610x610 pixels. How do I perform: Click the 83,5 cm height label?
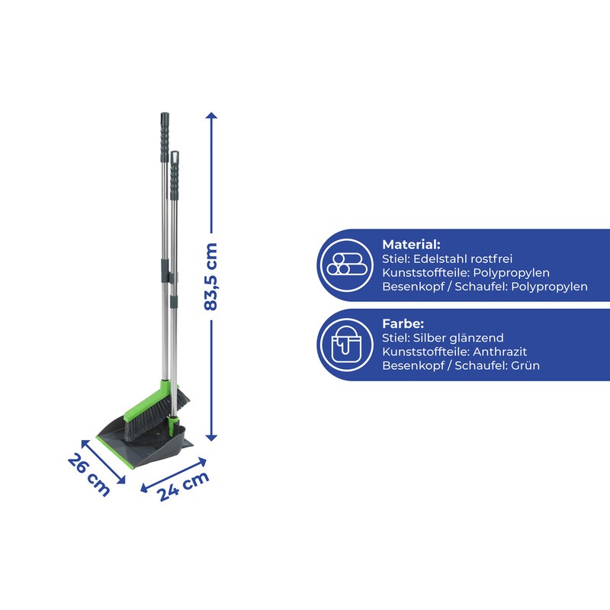coord(210,277)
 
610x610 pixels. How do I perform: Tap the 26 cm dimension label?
coord(89,475)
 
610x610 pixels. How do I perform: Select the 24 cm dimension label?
coord(183,486)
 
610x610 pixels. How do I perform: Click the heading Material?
coord(411,245)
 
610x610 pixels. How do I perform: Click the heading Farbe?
coord(403,323)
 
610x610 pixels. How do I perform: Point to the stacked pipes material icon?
coord(346,265)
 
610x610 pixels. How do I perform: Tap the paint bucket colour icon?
coord(346,345)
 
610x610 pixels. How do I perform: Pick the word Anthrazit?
coord(500,352)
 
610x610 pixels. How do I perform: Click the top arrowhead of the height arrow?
coord(211,115)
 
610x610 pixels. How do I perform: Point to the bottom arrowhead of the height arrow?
coord(211,438)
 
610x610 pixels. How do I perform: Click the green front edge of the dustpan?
coord(115,451)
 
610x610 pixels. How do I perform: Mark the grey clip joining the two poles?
coord(169,271)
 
